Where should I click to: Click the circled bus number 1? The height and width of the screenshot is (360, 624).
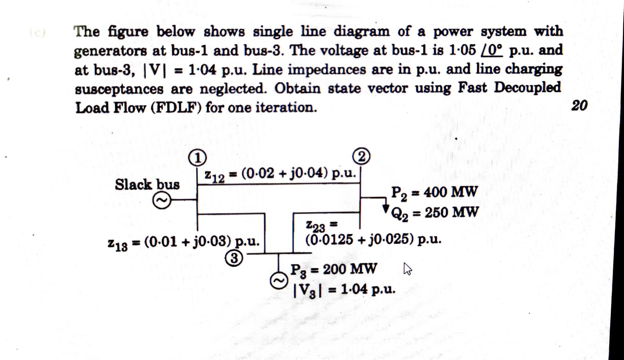[197, 158]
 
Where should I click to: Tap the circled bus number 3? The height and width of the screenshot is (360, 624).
[234, 259]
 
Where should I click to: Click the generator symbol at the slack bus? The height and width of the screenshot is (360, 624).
[162, 201]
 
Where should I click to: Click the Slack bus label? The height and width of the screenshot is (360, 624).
[147, 184]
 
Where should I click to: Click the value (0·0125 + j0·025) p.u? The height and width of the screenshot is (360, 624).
[373, 240]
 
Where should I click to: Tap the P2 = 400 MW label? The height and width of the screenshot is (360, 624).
[434, 192]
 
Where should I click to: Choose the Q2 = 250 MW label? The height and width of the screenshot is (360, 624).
[435, 213]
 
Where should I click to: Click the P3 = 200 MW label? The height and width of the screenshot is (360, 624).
[333, 270]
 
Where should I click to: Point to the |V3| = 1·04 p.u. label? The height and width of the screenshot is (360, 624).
[344, 290]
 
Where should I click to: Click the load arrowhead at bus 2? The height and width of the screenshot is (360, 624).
[386, 208]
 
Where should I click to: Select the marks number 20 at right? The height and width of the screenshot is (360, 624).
[579, 105]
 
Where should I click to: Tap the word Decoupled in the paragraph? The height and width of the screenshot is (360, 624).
[527, 88]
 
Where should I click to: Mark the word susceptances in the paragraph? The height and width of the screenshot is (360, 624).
[119, 89]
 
